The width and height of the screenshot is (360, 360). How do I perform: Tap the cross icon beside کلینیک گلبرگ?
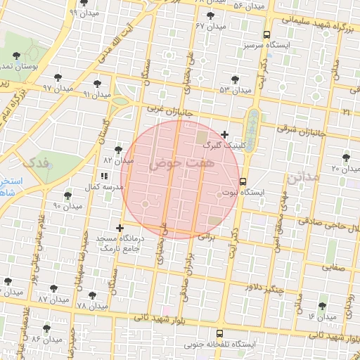pos(224,134)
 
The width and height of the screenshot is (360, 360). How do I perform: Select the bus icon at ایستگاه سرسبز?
pos(266,34)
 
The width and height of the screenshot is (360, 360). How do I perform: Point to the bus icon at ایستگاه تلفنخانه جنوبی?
pos(220,334)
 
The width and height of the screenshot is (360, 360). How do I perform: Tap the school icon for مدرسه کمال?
pos(104,176)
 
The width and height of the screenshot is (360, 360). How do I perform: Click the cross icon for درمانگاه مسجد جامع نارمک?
pos(120,228)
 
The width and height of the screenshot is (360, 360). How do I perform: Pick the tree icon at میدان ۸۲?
pos(117,150)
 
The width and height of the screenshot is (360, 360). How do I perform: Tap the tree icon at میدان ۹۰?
pos(67,195)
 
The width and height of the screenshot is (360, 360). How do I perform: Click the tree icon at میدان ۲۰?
pos(345,157)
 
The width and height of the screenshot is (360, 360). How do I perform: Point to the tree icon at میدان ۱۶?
pos(322,306)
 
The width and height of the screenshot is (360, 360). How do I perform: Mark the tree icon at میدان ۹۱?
pos(97,84)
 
